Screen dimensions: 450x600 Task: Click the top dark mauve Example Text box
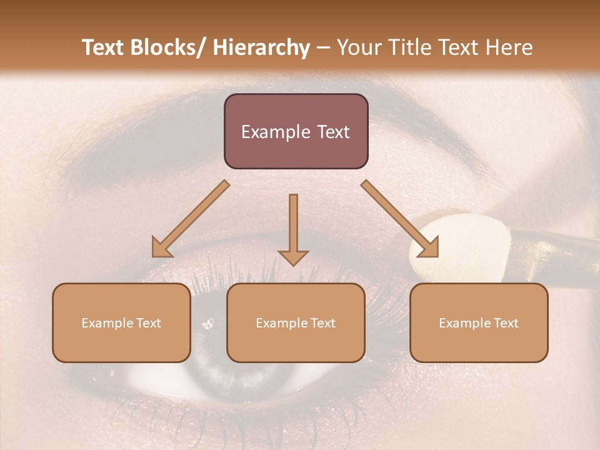[296, 131]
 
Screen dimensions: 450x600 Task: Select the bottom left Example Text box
[121, 322]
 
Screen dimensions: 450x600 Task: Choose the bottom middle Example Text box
[296, 322]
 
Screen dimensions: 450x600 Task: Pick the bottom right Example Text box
[479, 322]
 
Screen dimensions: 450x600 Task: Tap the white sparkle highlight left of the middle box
[207, 323]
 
